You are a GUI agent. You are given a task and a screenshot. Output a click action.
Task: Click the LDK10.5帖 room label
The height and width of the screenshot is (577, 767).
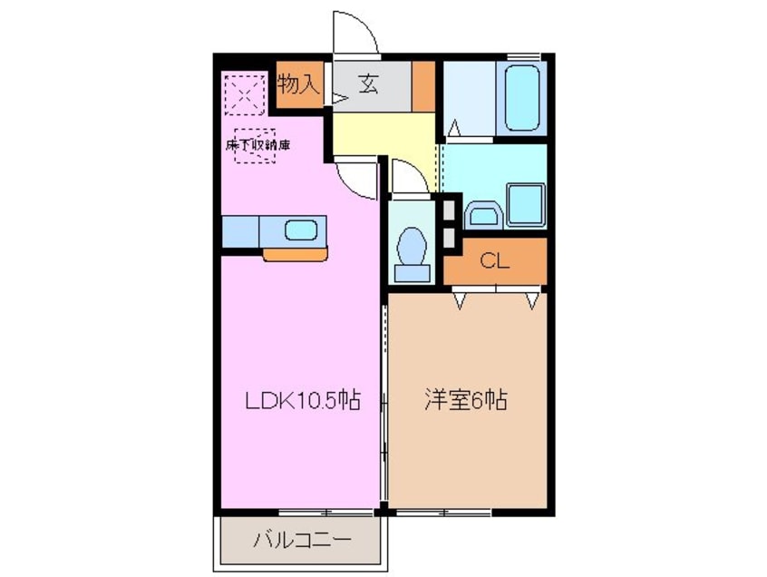click(301, 399)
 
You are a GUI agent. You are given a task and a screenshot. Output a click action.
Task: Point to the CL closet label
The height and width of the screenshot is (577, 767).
click(494, 262)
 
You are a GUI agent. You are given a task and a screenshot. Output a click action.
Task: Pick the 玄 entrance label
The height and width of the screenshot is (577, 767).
click(369, 85)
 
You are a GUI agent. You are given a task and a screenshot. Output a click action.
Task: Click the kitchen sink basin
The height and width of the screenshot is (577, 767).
click(300, 230)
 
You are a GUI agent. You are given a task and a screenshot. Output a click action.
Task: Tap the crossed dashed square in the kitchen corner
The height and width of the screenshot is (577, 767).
click(242, 93)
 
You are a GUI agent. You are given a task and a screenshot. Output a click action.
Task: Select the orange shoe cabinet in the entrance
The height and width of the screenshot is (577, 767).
click(423, 86)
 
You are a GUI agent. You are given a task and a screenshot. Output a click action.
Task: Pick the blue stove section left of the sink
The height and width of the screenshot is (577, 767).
click(240, 230)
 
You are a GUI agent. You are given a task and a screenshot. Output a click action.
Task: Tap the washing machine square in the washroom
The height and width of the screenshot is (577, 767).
click(525, 203)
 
